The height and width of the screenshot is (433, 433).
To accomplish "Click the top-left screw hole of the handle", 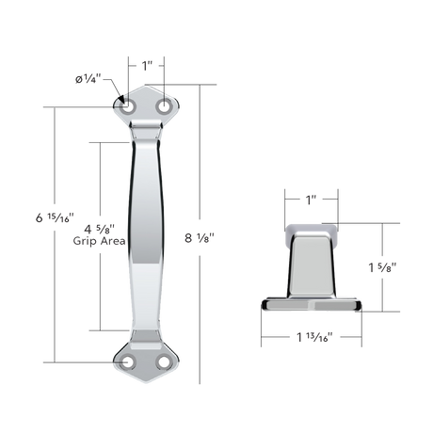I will click(129, 108).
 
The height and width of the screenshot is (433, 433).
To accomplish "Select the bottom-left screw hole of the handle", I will click(129, 361).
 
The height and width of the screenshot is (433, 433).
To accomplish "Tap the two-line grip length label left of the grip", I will click(99, 233).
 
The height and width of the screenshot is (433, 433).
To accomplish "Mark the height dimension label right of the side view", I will click(381, 267).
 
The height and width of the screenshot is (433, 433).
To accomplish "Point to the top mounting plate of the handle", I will click(147, 104).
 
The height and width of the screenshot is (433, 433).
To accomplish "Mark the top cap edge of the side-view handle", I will click(309, 229).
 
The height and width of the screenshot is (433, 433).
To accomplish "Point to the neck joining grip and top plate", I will click(147, 135).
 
